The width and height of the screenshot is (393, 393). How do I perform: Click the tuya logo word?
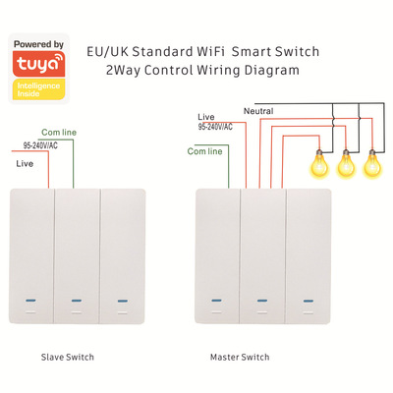[x=36, y=64]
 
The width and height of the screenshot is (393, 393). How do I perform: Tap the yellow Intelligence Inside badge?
[x=38, y=89]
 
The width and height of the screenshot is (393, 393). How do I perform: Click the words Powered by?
[x=38, y=44]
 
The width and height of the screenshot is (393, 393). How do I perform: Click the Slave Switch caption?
[x=68, y=357]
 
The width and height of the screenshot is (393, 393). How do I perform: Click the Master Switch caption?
[x=240, y=357]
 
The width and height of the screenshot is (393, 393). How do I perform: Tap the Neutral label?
[x=258, y=111]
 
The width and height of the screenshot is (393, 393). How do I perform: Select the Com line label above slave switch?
[x=59, y=133]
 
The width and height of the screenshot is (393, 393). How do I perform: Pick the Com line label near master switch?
[x=204, y=151]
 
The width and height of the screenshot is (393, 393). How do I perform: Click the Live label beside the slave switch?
[x=25, y=163]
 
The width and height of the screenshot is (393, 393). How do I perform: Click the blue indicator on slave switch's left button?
[x=30, y=301]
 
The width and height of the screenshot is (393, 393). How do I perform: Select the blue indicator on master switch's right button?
[x=309, y=301]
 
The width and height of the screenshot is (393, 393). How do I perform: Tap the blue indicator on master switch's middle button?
[x=262, y=301]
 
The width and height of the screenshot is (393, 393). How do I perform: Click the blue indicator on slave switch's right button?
[x=123, y=301]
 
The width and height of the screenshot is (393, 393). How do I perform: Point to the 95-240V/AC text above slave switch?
[x=40, y=145]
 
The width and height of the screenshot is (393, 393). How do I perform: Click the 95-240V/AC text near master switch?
[x=215, y=127]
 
